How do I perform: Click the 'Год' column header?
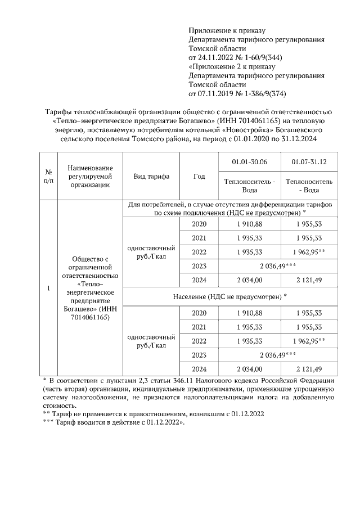coord(199,176)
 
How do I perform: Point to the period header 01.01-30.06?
coord(249,162)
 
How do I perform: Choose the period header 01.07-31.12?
coord(309,162)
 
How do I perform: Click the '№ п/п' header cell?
coord(48,176)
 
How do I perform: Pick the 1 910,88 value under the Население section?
coord(250,313)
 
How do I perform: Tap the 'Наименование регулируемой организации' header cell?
coord(90,176)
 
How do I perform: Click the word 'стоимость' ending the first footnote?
coord(58,405)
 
